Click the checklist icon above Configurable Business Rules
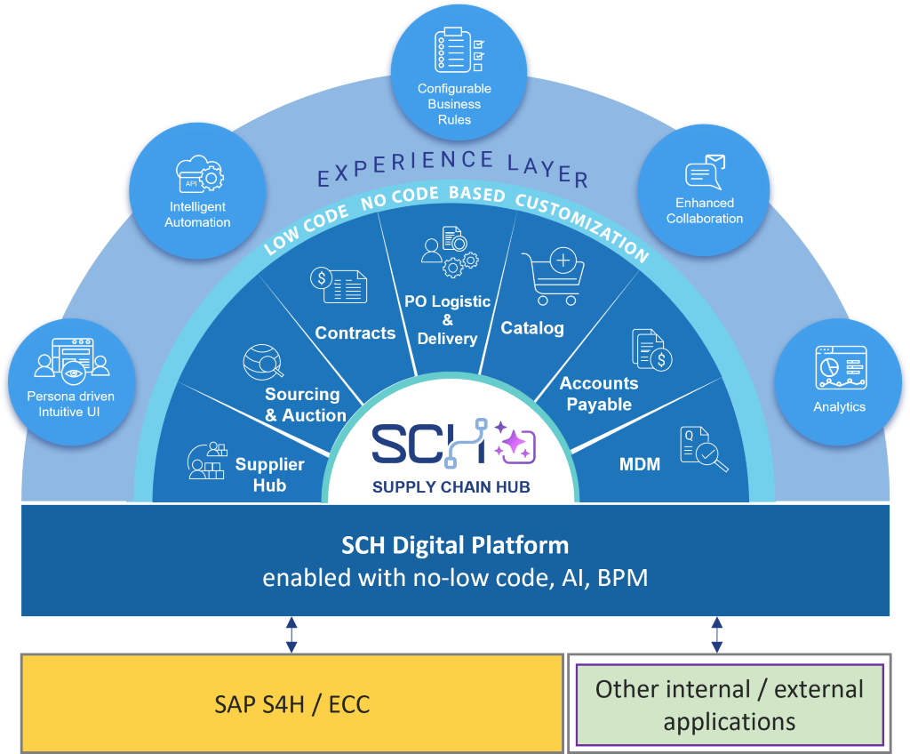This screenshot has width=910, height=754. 459,50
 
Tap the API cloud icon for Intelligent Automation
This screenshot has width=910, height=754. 200,173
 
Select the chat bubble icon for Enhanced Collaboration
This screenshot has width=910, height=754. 705,172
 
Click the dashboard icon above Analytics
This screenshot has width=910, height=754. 841,367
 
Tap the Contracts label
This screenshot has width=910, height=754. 355,333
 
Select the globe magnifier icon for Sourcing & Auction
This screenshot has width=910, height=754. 263,362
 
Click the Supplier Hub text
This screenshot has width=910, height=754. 270,475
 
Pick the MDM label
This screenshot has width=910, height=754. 640,464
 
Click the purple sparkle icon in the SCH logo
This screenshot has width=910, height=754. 515,443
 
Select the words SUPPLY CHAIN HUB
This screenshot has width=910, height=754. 451,486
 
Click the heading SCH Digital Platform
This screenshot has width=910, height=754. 455,545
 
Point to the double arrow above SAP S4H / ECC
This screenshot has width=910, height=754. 291,634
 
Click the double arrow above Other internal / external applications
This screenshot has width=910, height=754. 717,634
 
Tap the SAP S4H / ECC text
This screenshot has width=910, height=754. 291,704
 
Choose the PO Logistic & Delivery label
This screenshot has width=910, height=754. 448,320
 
